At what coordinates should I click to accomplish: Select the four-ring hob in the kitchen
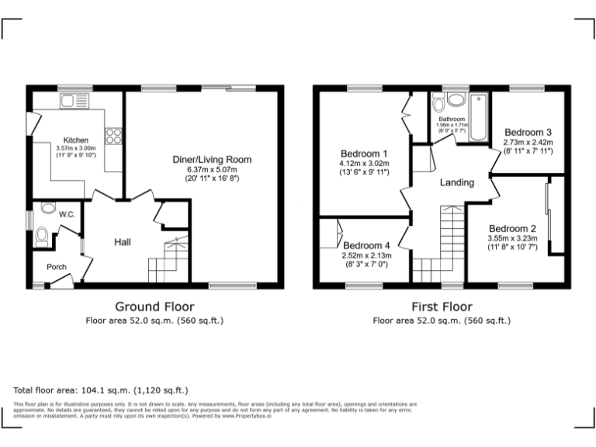point(113,136)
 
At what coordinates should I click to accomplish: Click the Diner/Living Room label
point(212,160)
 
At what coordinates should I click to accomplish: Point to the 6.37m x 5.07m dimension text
point(212,169)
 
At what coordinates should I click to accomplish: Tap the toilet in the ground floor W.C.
point(43,236)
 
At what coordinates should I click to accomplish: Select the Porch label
point(57,267)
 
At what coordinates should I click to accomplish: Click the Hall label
point(123,242)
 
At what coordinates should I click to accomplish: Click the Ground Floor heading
point(154,307)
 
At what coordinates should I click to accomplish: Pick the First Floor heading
point(442,307)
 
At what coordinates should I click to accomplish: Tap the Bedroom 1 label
point(363,153)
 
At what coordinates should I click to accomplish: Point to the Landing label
point(456,182)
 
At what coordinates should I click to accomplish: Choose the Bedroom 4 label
point(366,245)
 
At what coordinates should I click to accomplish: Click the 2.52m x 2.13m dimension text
point(366,255)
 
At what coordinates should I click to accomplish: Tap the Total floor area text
point(101,390)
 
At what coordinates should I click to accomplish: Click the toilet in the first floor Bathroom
point(438,101)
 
